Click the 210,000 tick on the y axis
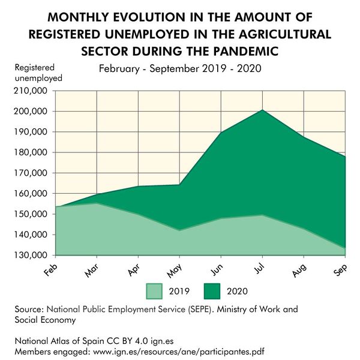[x=29, y=91]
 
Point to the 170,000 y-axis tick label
[x=29, y=173]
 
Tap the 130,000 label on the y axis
[x=29, y=255]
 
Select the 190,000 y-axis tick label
[x=29, y=132]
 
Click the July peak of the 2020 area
[x=261, y=110]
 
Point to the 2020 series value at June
[x=220, y=133]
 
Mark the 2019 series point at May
[x=178, y=230]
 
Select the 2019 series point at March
[x=96, y=203]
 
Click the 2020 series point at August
[x=302, y=137]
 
